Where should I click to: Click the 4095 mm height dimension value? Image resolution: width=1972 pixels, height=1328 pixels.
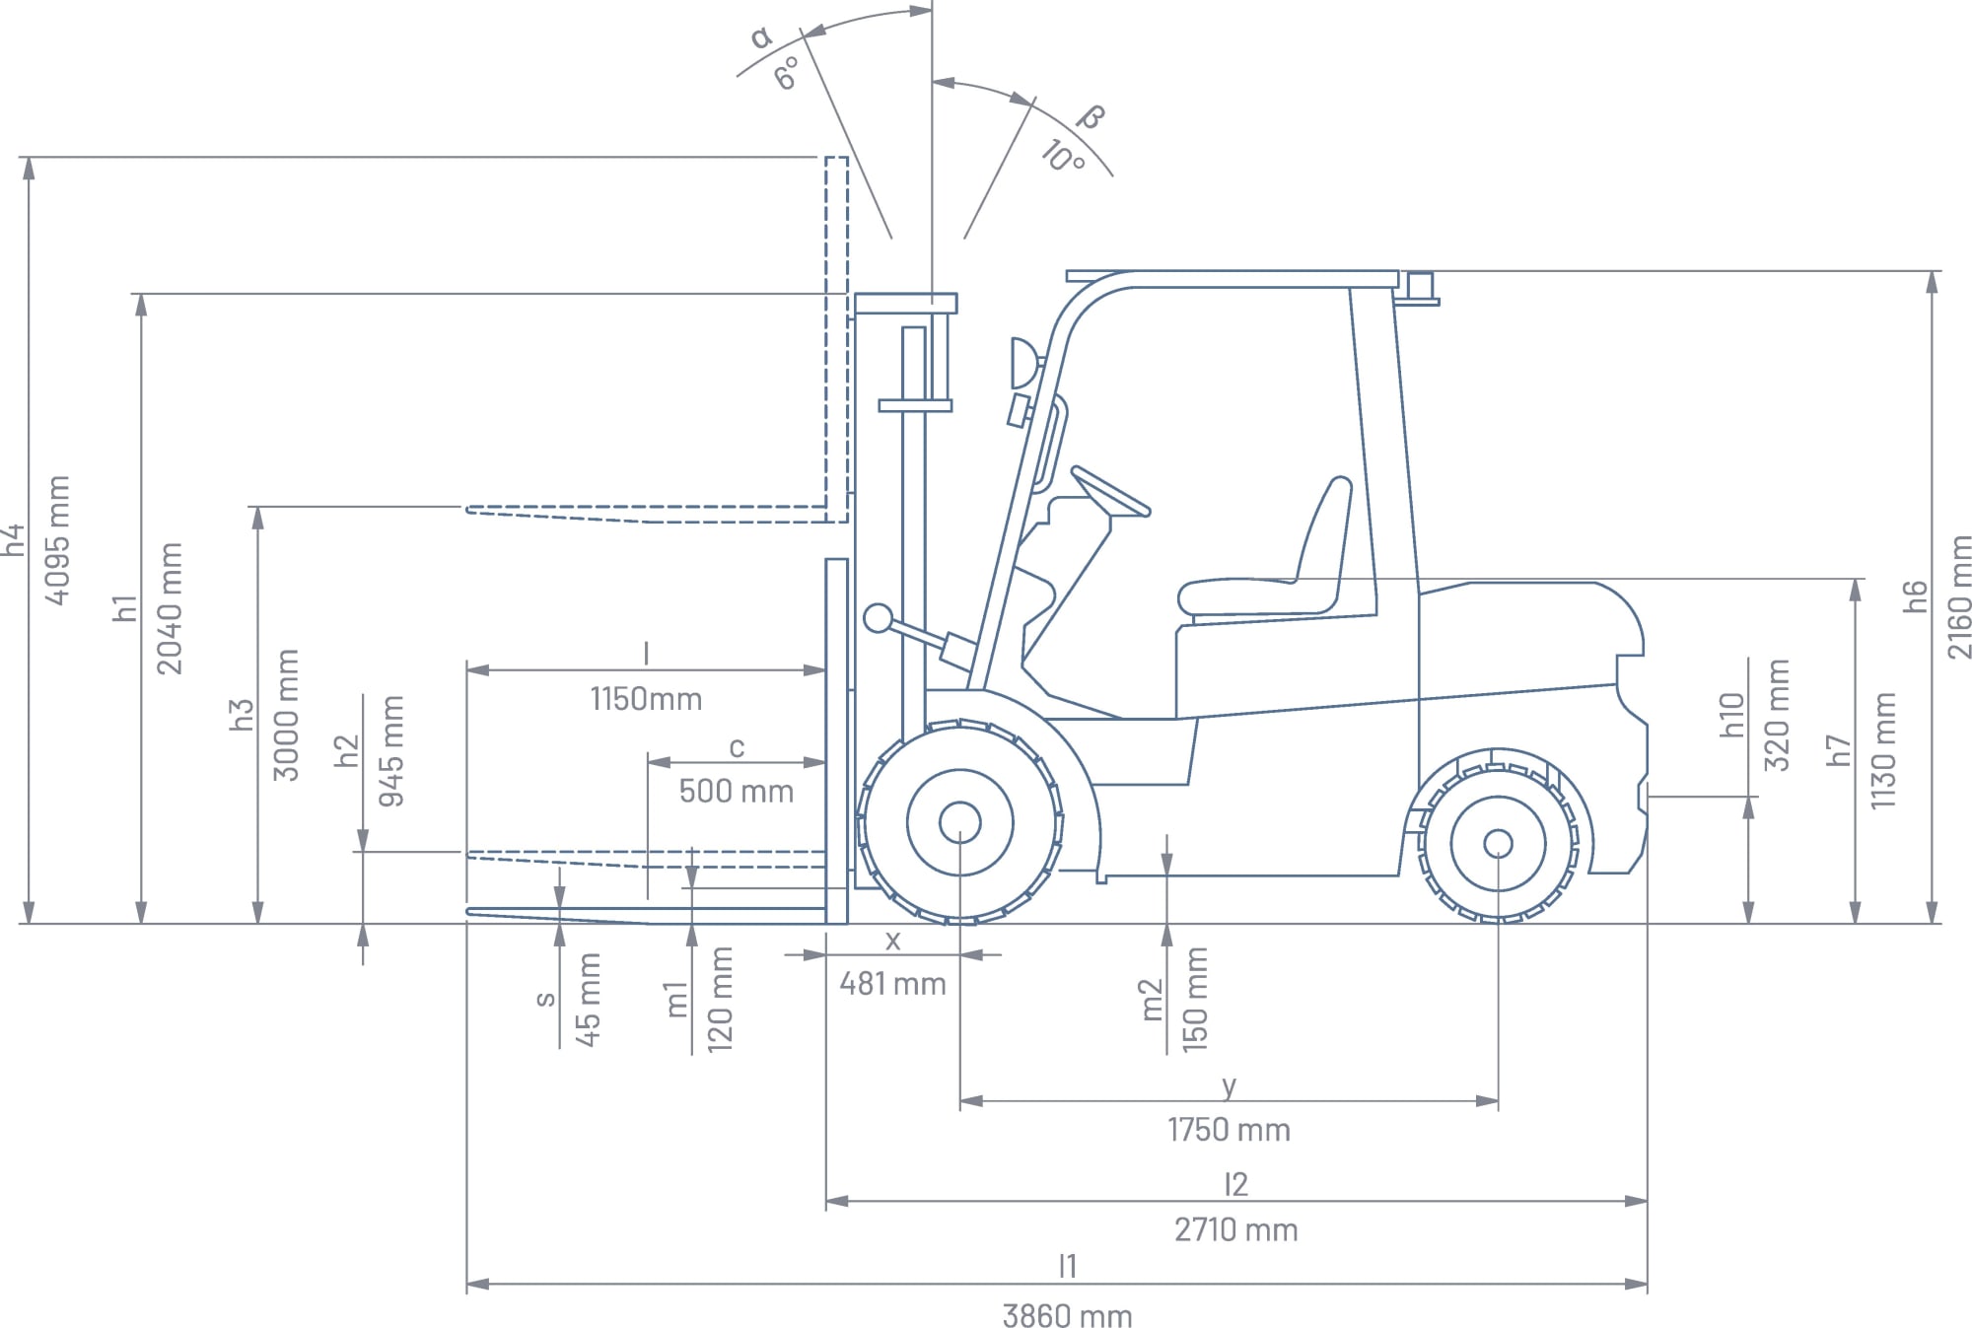(x=58, y=539)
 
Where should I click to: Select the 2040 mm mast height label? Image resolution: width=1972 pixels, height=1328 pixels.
(x=171, y=607)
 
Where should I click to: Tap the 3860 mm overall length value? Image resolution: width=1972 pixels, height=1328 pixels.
(x=1067, y=1314)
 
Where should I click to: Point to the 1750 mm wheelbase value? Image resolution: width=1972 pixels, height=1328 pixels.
(x=1229, y=1129)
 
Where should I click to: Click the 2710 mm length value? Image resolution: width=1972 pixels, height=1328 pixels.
(x=1235, y=1229)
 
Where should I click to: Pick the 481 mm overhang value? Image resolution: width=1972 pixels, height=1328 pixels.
(x=892, y=983)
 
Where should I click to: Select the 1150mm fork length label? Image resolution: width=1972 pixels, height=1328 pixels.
(x=646, y=699)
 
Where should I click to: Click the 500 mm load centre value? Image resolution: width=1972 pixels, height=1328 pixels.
(x=736, y=791)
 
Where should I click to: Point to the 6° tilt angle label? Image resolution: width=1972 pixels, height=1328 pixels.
(x=787, y=74)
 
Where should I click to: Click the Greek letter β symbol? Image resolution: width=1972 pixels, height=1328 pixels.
(x=1091, y=117)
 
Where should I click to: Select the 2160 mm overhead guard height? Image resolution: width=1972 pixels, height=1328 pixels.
(x=1959, y=596)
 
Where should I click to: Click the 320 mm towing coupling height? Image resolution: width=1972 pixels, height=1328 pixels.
(x=1776, y=714)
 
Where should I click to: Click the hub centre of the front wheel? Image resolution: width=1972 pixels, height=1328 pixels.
(x=959, y=822)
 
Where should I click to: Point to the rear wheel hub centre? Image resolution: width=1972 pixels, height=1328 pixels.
(x=1498, y=844)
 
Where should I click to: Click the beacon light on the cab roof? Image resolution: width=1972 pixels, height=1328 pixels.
(x=1420, y=288)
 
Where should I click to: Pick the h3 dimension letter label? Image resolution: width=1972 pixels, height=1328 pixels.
(x=242, y=714)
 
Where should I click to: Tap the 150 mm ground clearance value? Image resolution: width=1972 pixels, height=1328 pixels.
(x=1194, y=998)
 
